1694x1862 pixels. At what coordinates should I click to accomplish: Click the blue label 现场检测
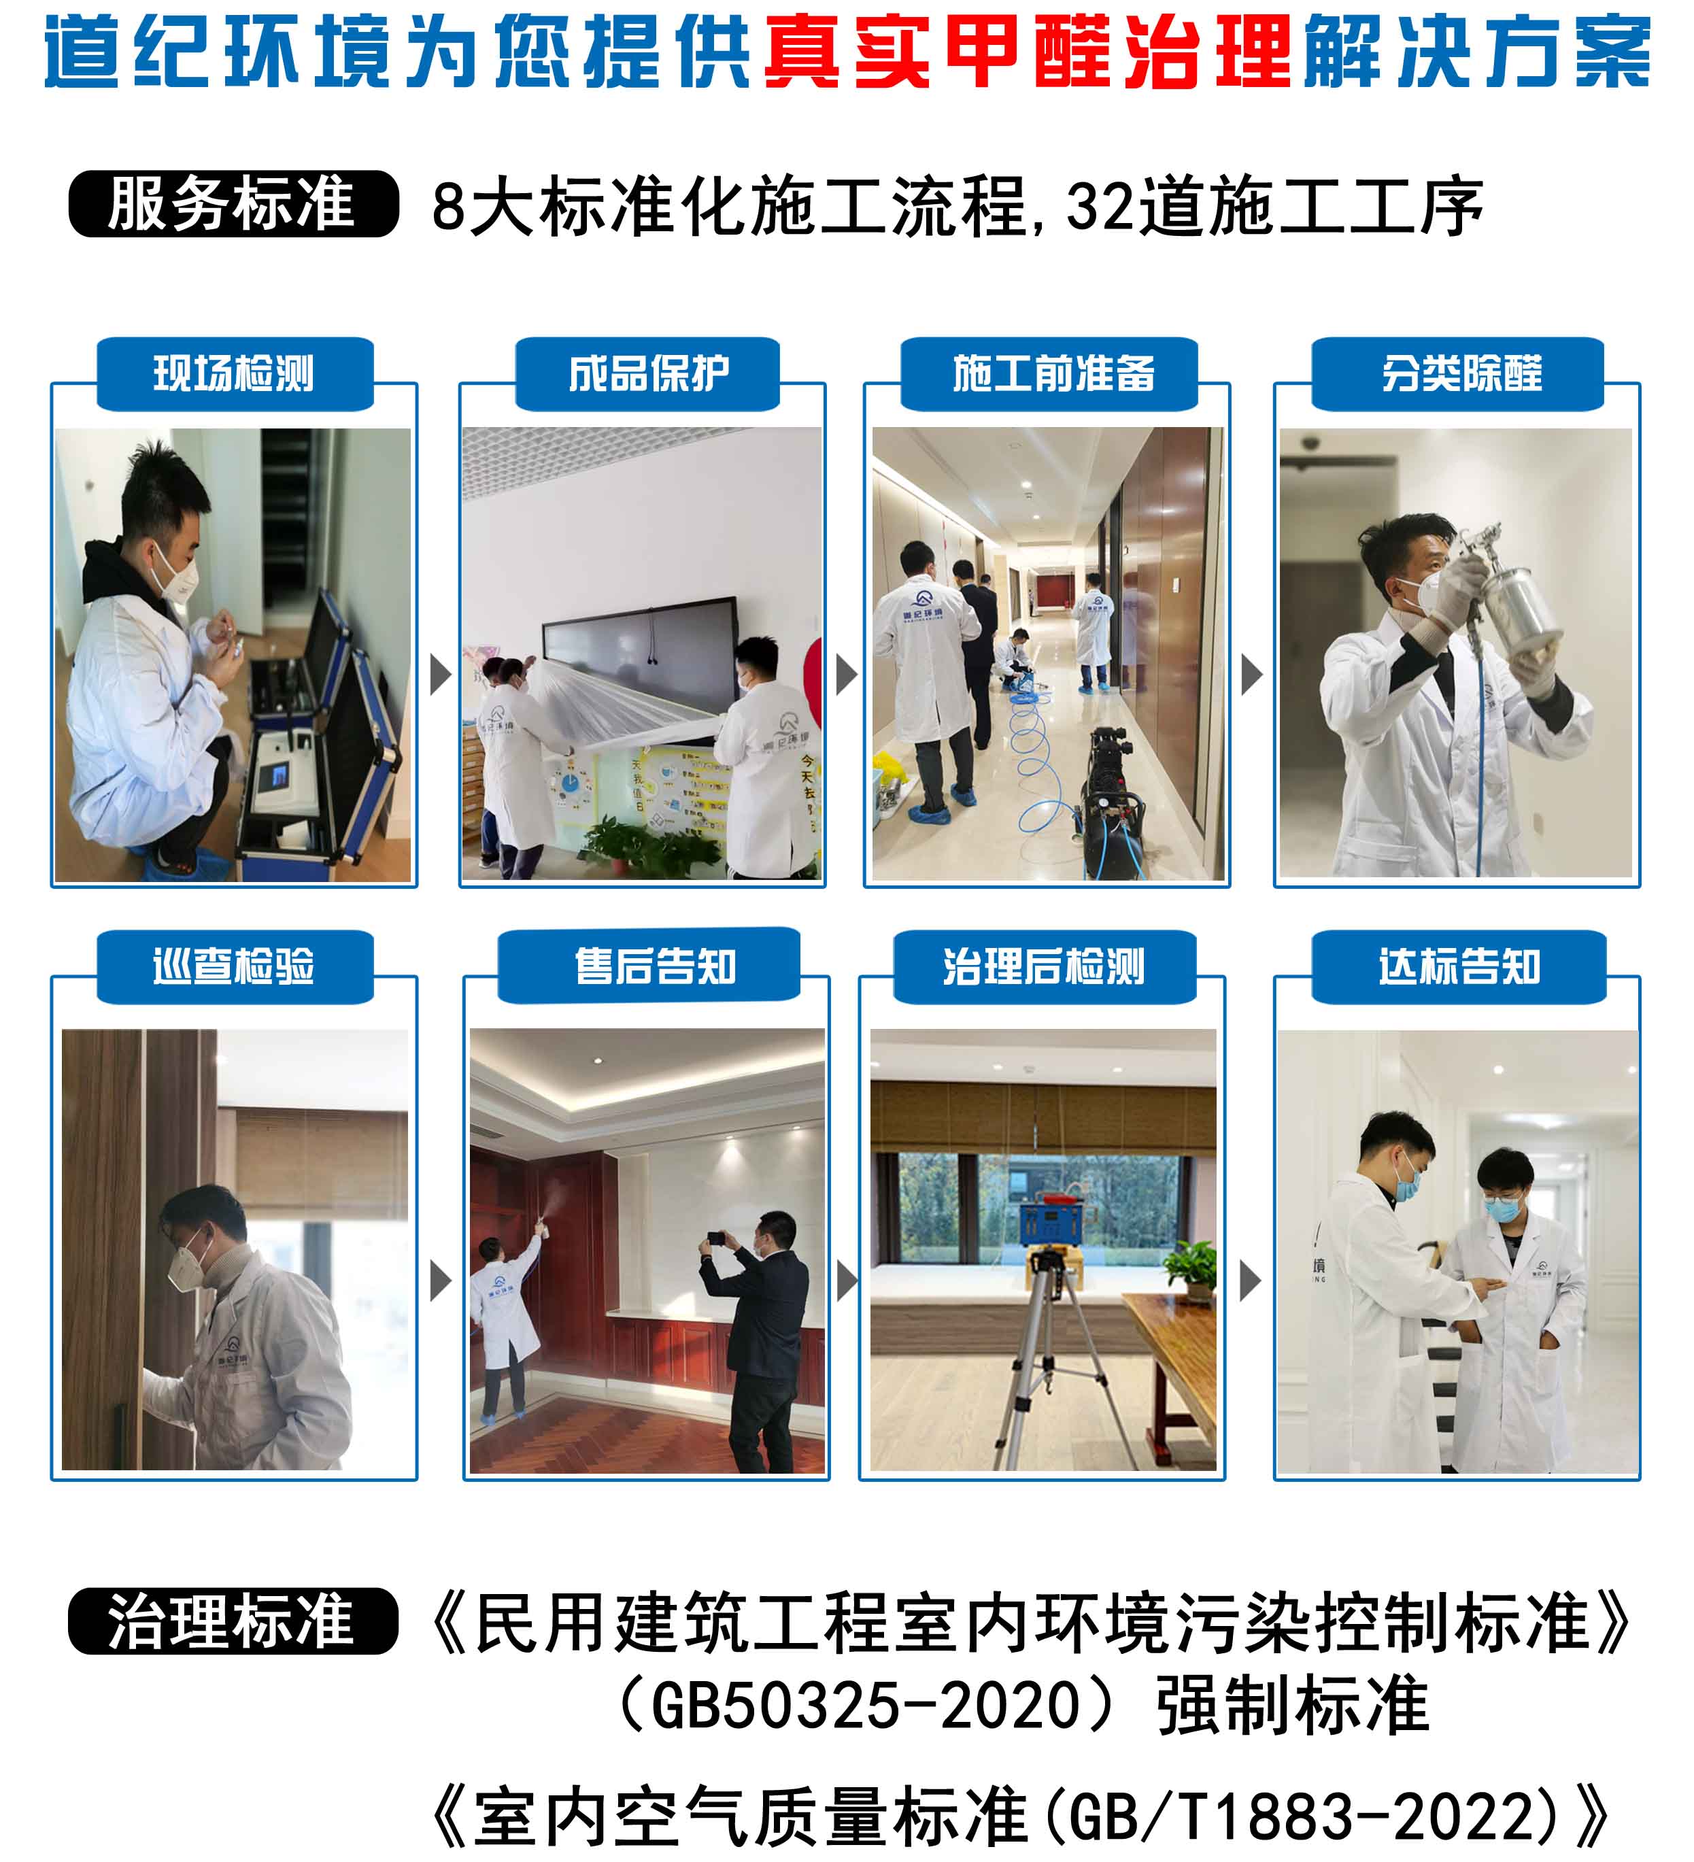tap(235, 374)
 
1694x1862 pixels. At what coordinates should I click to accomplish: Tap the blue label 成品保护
tap(647, 374)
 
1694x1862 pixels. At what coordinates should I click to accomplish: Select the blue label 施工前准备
tap(1049, 374)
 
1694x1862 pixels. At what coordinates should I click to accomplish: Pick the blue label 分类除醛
tap(1457, 374)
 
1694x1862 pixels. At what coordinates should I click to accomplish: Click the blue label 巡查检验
tap(235, 967)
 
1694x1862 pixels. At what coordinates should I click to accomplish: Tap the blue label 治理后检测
tap(1045, 967)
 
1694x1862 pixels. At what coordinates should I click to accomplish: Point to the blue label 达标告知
tap(1459, 967)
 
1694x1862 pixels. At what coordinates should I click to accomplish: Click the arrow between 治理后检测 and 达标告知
tap(1250, 1281)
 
